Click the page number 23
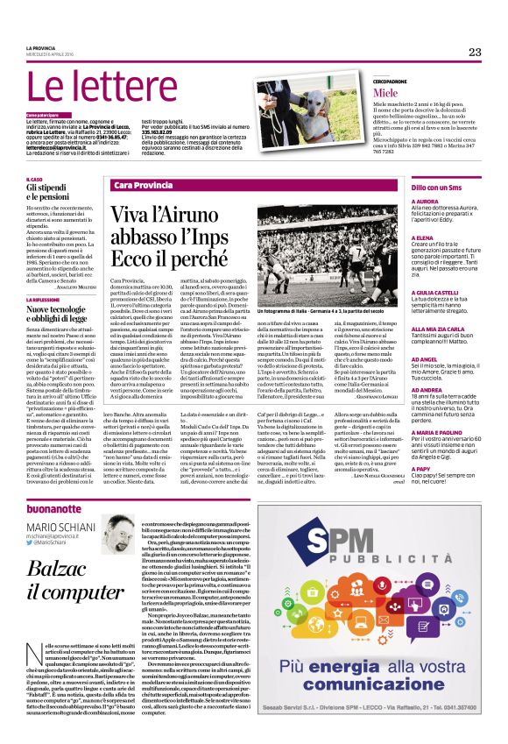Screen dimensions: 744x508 tap(475, 52)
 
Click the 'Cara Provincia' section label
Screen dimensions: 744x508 tap(141, 186)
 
